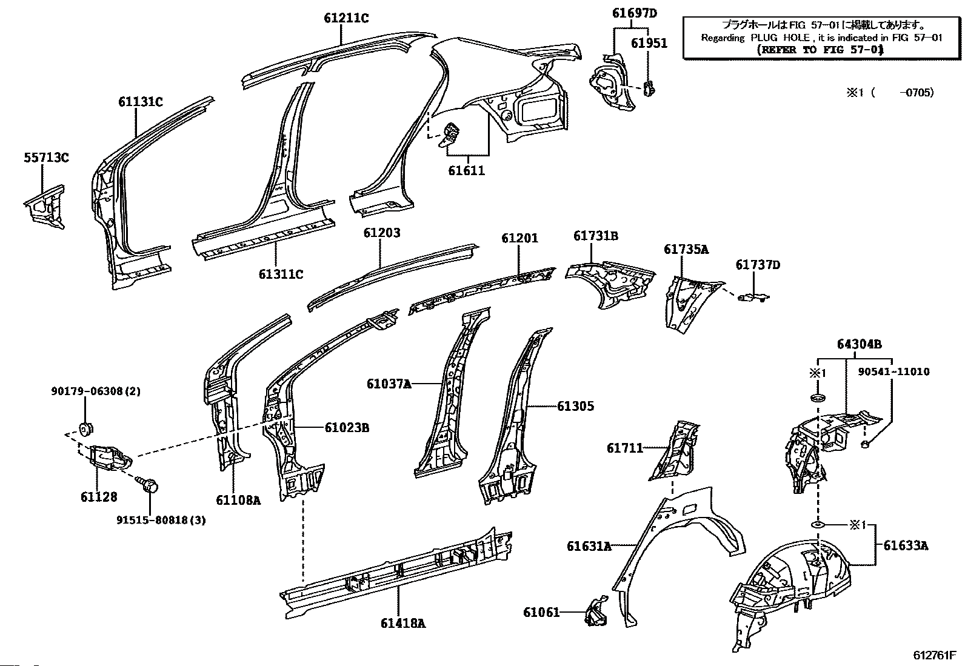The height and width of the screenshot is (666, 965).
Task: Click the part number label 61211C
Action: pyautogui.click(x=346, y=18)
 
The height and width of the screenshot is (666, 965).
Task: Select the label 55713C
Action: pyautogui.click(x=46, y=158)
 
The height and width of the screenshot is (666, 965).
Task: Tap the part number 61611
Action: pyautogui.click(x=467, y=170)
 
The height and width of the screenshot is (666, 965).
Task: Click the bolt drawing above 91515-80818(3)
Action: pyautogui.click(x=150, y=485)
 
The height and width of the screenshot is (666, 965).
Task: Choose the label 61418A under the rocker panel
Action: pyautogui.click(x=403, y=622)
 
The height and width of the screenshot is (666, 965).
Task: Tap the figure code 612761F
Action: pyautogui.click(x=935, y=655)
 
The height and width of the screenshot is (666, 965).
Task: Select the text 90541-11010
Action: pyautogui.click(x=893, y=371)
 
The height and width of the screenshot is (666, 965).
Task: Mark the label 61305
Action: pyautogui.click(x=575, y=406)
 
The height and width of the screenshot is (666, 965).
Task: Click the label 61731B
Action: pyautogui.click(x=596, y=236)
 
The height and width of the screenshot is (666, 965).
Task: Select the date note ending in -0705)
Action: pyautogui.click(x=890, y=93)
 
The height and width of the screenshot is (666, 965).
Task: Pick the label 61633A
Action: pyautogui.click(x=905, y=545)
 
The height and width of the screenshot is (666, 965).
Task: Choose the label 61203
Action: pyautogui.click(x=382, y=233)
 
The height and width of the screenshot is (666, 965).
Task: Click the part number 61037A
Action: pyautogui.click(x=389, y=383)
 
